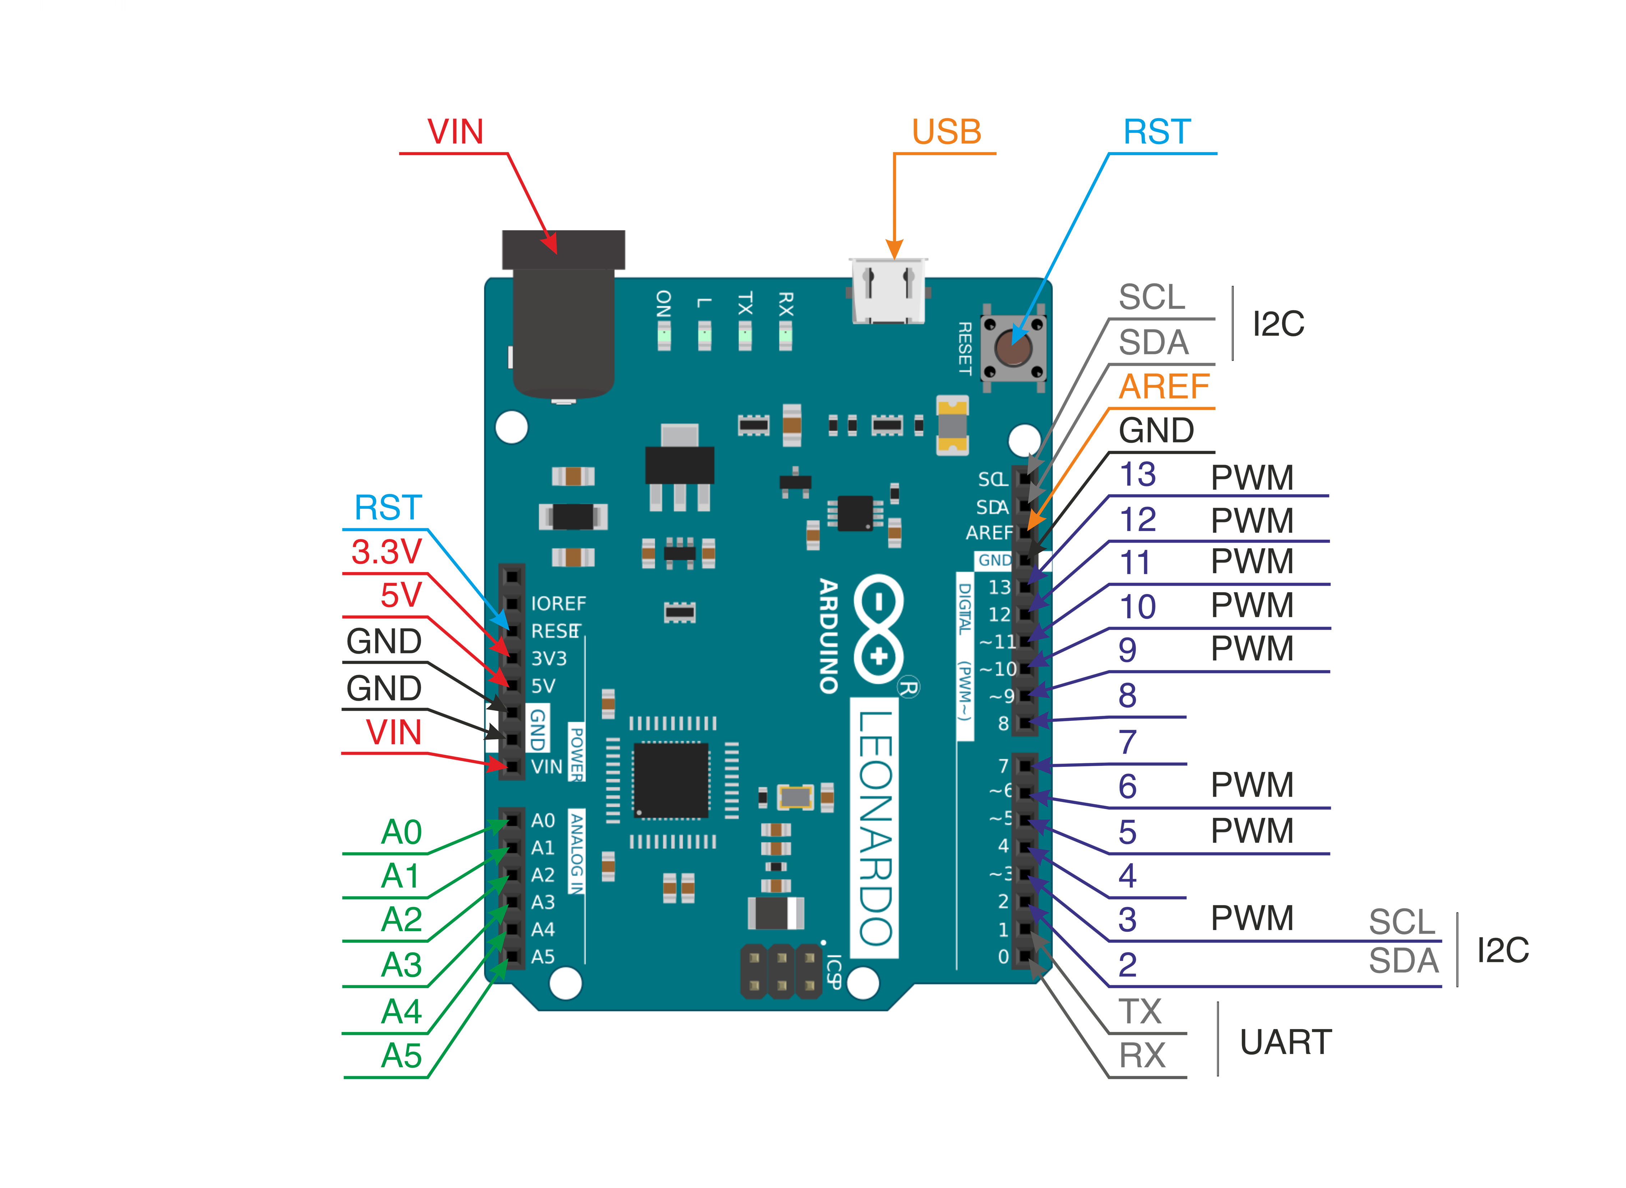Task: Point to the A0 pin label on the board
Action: (x=543, y=820)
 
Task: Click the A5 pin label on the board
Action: (x=543, y=957)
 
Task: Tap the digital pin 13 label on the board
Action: (x=999, y=588)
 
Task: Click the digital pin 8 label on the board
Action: (x=1003, y=723)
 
